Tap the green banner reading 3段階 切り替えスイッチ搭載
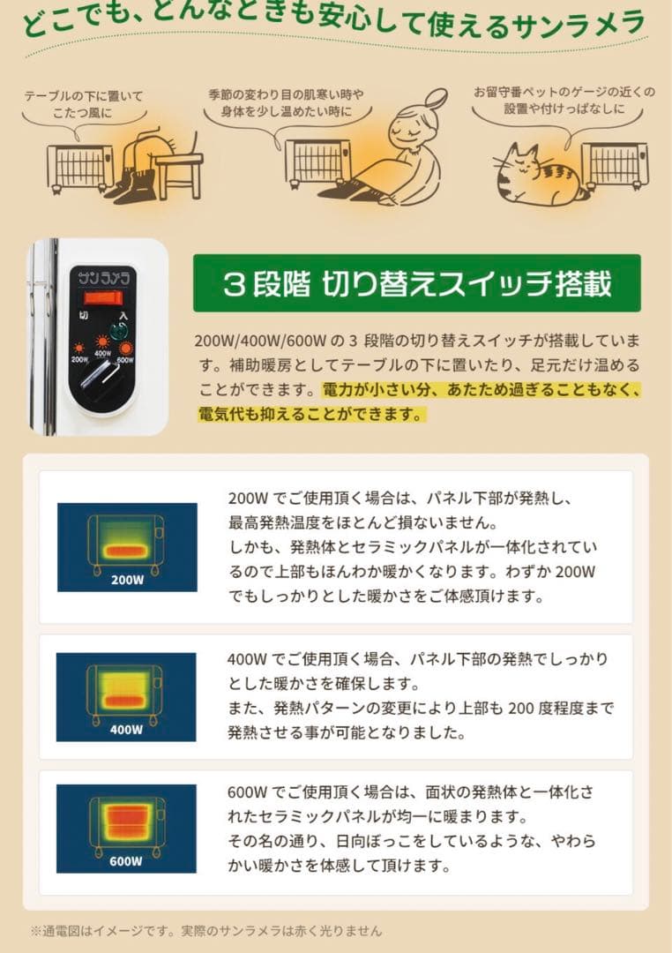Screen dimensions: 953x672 [x=416, y=283]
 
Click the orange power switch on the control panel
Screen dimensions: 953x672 [x=101, y=297]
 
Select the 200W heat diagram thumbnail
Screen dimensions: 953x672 [x=127, y=547]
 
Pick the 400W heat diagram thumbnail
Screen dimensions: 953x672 [x=127, y=696]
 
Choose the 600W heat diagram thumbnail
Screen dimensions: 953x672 [x=127, y=828]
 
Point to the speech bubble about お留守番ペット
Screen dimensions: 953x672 [x=564, y=100]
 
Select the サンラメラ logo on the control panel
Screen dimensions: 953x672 [x=101, y=274]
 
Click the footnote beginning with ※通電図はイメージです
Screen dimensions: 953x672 [x=206, y=930]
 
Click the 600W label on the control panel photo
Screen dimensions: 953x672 [x=124, y=359]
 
